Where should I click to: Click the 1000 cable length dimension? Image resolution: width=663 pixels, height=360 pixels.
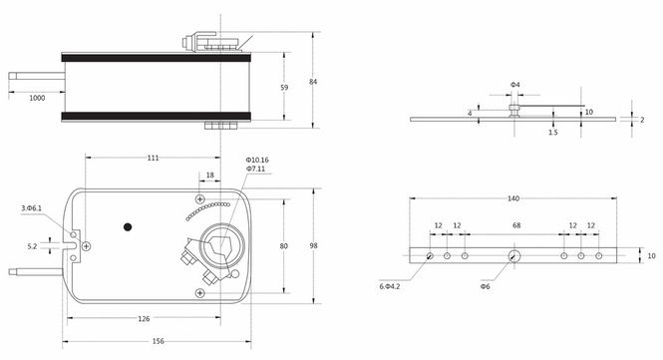click(37, 98)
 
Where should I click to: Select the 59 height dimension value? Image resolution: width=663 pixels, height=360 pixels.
click(284, 88)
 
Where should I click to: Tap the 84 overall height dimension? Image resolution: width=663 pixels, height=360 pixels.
click(313, 82)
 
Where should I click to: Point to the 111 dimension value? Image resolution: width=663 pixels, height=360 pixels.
click(154, 158)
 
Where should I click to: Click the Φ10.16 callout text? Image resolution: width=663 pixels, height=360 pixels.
click(257, 160)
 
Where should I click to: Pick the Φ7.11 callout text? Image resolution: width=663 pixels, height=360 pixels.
click(255, 169)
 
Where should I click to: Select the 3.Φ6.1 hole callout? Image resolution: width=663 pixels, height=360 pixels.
click(31, 208)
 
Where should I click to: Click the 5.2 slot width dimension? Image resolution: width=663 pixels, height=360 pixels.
click(32, 246)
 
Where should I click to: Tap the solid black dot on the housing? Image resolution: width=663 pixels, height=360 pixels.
click(128, 227)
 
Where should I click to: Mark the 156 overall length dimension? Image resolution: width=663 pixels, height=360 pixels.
click(158, 341)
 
